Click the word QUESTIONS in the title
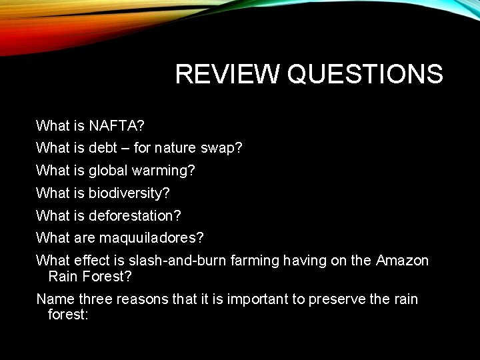tap(365, 75)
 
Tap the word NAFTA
tap(117, 125)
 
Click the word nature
tap(177, 148)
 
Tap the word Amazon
tap(403, 261)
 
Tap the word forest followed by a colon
tap(68, 313)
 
